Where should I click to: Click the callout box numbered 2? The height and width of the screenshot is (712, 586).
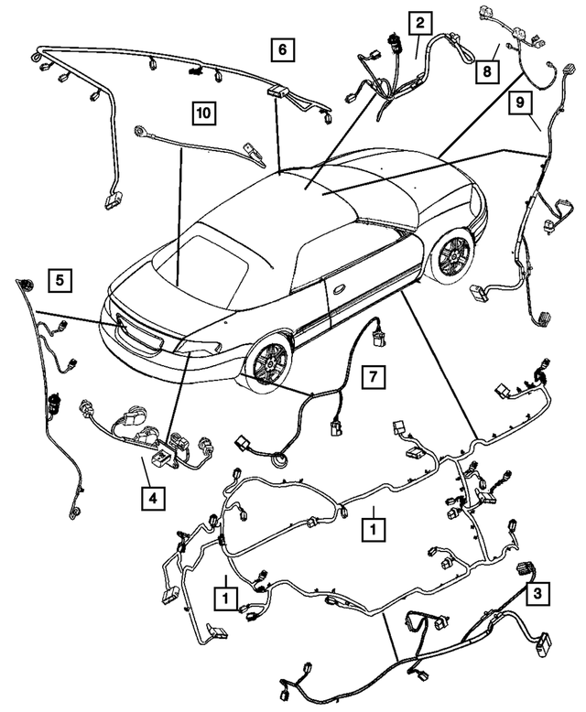pyautogui.click(x=419, y=24)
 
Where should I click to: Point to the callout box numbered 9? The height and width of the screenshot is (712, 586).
pyautogui.click(x=521, y=106)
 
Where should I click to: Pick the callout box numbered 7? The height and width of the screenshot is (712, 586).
pyautogui.click(x=372, y=375)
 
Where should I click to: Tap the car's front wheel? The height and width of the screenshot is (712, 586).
pyautogui.click(x=452, y=254)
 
